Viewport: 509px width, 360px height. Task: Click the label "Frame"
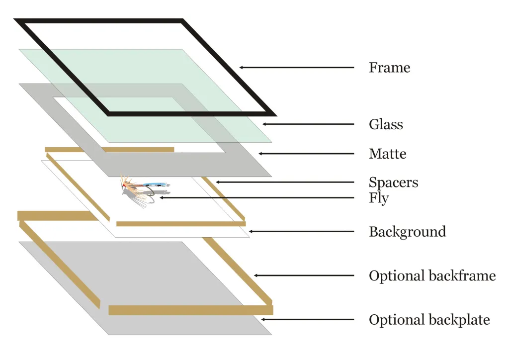point(389,68)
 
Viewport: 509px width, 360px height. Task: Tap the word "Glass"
point(386,124)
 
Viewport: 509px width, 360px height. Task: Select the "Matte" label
point(387,154)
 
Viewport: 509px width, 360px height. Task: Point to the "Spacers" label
point(393,182)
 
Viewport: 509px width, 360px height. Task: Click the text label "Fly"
point(379,198)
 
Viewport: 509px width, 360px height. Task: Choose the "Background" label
point(407,232)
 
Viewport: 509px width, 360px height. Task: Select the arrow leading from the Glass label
point(308,124)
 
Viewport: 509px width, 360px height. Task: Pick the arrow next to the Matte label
point(306,154)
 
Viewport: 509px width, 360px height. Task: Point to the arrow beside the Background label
point(301,232)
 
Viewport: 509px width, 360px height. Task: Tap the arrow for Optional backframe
point(304,275)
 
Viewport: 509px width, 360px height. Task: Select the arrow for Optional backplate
point(308,320)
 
